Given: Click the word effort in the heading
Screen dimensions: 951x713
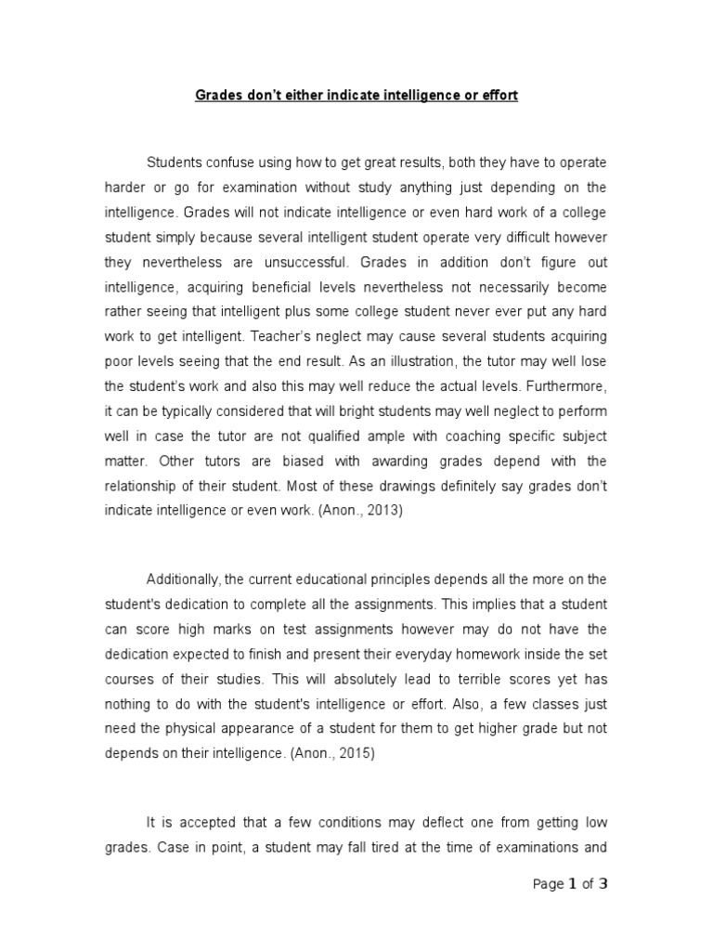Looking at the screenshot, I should point(499,97).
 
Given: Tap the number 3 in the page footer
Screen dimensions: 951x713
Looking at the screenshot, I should point(603,884).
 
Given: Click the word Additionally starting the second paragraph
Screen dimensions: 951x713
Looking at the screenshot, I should point(183,580).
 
